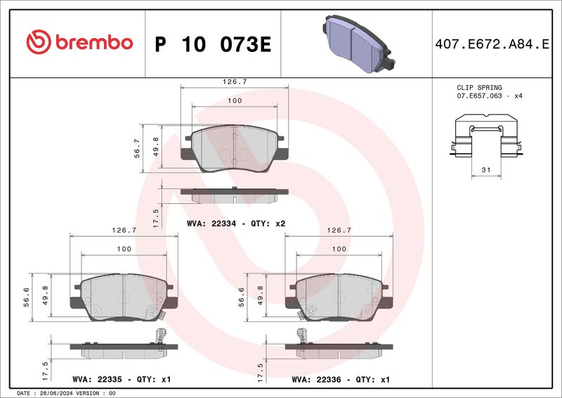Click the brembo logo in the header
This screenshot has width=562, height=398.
pos(79,42)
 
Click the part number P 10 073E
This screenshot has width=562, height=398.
pos(213,44)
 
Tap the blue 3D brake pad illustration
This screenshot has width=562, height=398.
pos(359,44)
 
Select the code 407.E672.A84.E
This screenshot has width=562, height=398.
pos(492,44)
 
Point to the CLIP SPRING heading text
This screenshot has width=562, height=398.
pos(479,88)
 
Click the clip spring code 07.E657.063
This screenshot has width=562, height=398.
pos(479,96)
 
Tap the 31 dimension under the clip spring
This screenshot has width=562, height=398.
pos(486,169)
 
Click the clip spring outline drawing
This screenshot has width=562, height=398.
pos(486,135)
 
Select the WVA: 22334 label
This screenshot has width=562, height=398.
pos(211,224)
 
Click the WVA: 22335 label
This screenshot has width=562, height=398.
pos(97,379)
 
